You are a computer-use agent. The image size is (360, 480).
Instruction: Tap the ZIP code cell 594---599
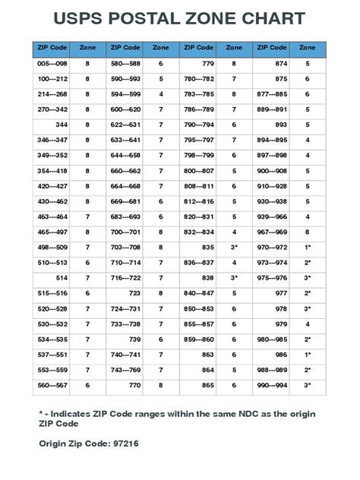(x=125, y=94)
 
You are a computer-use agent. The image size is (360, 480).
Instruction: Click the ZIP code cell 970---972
(x=272, y=248)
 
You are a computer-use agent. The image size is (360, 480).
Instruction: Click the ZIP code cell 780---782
(x=199, y=80)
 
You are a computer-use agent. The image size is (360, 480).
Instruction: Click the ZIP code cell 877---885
(x=272, y=94)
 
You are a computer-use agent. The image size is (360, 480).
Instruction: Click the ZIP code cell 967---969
(x=272, y=233)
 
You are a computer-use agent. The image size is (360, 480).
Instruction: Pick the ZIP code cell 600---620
(x=125, y=109)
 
